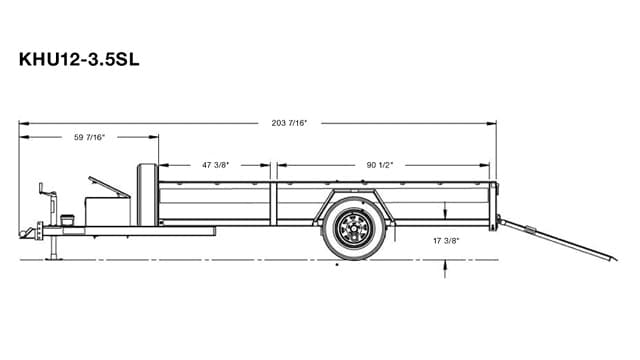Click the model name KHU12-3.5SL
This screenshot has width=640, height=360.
point(79,58)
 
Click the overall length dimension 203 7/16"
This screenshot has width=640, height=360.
point(289,123)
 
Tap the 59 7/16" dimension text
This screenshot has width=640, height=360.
point(89,137)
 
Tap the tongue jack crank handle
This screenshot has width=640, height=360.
point(41,189)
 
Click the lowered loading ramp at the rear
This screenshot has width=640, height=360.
point(546,240)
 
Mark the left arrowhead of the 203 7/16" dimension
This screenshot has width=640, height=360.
point(22,124)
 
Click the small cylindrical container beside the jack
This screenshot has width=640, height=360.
point(68,218)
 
